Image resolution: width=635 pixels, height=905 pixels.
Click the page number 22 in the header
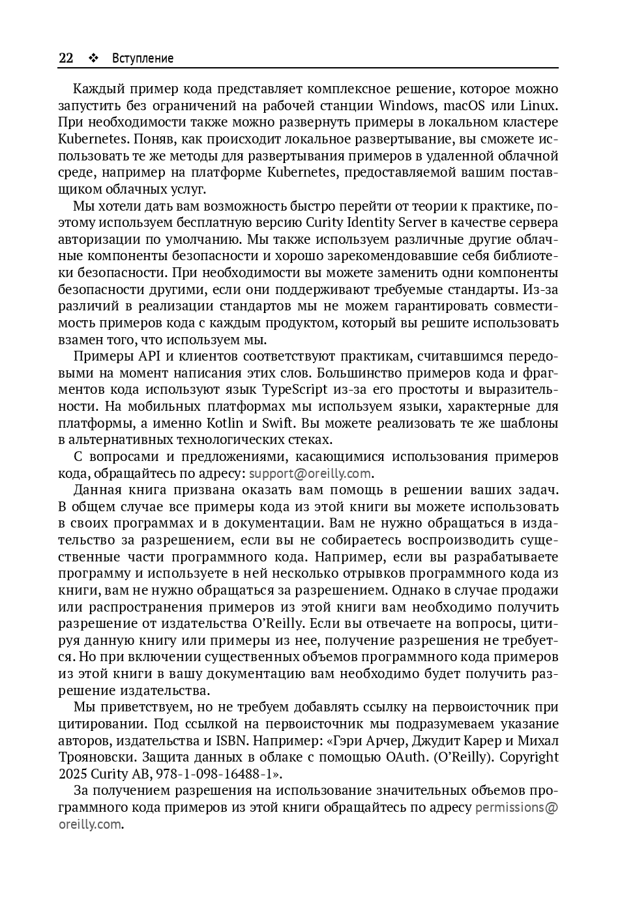(x=66, y=58)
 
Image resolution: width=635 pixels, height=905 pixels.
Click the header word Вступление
(x=143, y=58)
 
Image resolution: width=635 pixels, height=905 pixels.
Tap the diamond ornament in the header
(x=93, y=58)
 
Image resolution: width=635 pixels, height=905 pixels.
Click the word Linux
(x=538, y=106)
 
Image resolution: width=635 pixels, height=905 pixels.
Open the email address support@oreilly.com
(x=310, y=473)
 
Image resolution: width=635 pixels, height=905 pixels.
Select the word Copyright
(x=529, y=757)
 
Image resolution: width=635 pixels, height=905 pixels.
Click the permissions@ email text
(x=517, y=807)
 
